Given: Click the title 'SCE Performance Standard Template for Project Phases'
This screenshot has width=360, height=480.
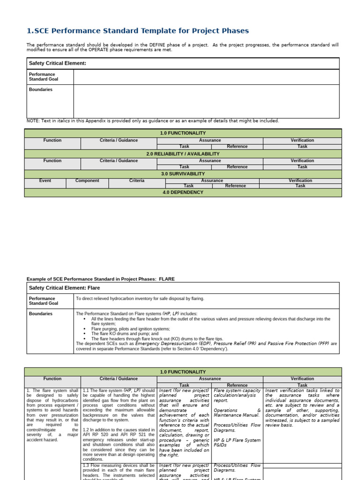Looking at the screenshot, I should [138, 31].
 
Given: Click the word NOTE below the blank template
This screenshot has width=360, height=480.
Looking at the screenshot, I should [34, 121].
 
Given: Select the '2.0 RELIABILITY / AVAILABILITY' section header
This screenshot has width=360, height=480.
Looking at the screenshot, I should [183, 154].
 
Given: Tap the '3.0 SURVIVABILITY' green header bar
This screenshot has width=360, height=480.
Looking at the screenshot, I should [183, 174].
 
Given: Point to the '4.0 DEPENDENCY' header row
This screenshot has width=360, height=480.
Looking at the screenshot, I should [183, 192].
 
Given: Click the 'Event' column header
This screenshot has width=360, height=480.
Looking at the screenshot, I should [45, 180].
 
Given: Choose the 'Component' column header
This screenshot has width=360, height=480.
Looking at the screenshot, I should [87, 180].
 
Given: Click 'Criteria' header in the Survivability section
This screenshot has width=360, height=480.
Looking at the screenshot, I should [137, 180].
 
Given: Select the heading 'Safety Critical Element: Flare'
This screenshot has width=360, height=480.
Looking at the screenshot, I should [64, 288].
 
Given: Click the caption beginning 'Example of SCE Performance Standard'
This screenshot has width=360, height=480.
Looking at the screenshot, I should [100, 279].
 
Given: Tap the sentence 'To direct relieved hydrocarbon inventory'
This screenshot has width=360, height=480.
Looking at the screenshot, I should [140, 298].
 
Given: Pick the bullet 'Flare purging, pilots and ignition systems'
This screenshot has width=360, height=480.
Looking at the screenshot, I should [130, 329].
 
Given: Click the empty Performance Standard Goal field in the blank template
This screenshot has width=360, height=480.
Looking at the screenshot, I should [206, 77].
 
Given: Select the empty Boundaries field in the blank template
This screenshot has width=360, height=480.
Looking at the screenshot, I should [206, 101].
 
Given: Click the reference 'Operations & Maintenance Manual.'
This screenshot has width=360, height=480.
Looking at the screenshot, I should [237, 412].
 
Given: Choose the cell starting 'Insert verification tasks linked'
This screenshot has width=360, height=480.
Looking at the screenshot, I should [302, 408].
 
